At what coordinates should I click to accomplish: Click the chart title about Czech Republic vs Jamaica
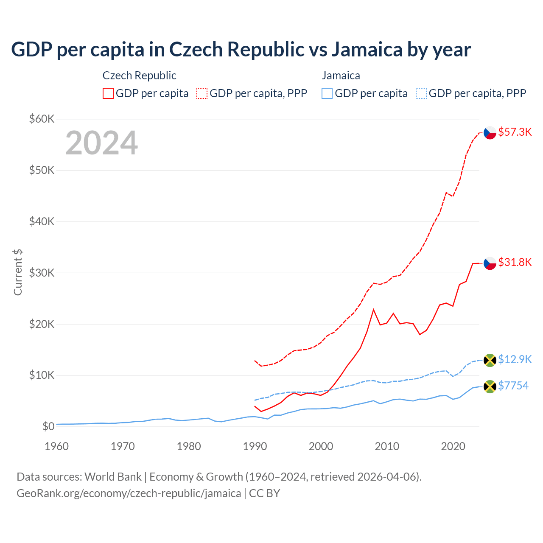coord(241,49)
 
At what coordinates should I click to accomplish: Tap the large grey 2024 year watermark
coord(101,143)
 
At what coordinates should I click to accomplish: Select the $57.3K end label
coord(515,132)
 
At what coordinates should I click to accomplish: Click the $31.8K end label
coord(515,262)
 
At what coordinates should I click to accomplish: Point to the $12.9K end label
coord(515,359)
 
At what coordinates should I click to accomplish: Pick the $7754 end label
coord(513,386)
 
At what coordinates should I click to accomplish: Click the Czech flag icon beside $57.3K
coord(490,133)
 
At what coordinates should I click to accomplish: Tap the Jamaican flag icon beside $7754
coord(490,386)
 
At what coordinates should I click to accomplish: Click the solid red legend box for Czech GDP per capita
coord(108,93)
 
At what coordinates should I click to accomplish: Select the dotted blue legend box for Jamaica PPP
coord(421,93)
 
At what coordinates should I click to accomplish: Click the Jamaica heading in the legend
coord(341,76)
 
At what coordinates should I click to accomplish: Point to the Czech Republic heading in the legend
coord(139,76)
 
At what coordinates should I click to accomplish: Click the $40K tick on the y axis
coord(42,221)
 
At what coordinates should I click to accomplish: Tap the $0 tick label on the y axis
coord(48,426)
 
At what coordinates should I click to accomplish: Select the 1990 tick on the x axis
coord(255,446)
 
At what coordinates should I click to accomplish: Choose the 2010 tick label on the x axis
coord(387,446)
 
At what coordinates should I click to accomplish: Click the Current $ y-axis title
coord(18,272)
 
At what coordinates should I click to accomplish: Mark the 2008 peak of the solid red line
coord(373,310)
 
